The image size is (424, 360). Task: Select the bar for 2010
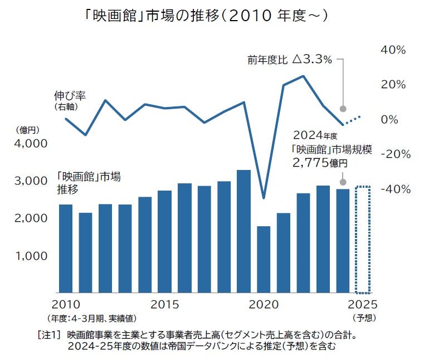click(x=66, y=249)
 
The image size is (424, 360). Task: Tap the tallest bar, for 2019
click(x=243, y=231)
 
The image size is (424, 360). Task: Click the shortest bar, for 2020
click(x=264, y=259)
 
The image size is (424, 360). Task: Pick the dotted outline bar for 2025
click(x=363, y=240)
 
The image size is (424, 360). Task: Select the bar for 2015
click(x=164, y=241)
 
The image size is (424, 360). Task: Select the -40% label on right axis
click(x=394, y=189)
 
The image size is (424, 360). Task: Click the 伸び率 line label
click(x=70, y=95)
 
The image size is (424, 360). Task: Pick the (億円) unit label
click(x=28, y=130)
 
